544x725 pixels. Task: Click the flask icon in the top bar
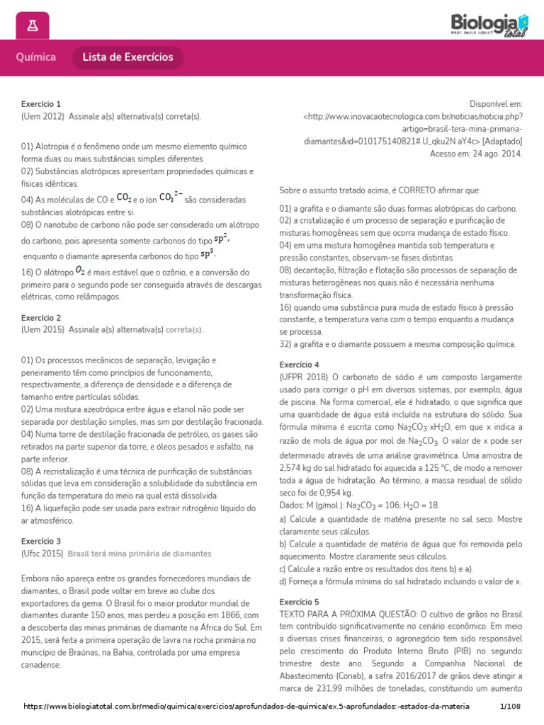[x=32, y=26]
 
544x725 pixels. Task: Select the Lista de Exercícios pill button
[x=127, y=57]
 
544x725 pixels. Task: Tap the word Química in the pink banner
[x=37, y=57]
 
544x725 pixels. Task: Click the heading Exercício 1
[x=41, y=104]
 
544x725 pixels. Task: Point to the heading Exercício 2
[x=41, y=318]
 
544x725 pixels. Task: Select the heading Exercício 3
[x=41, y=540]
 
